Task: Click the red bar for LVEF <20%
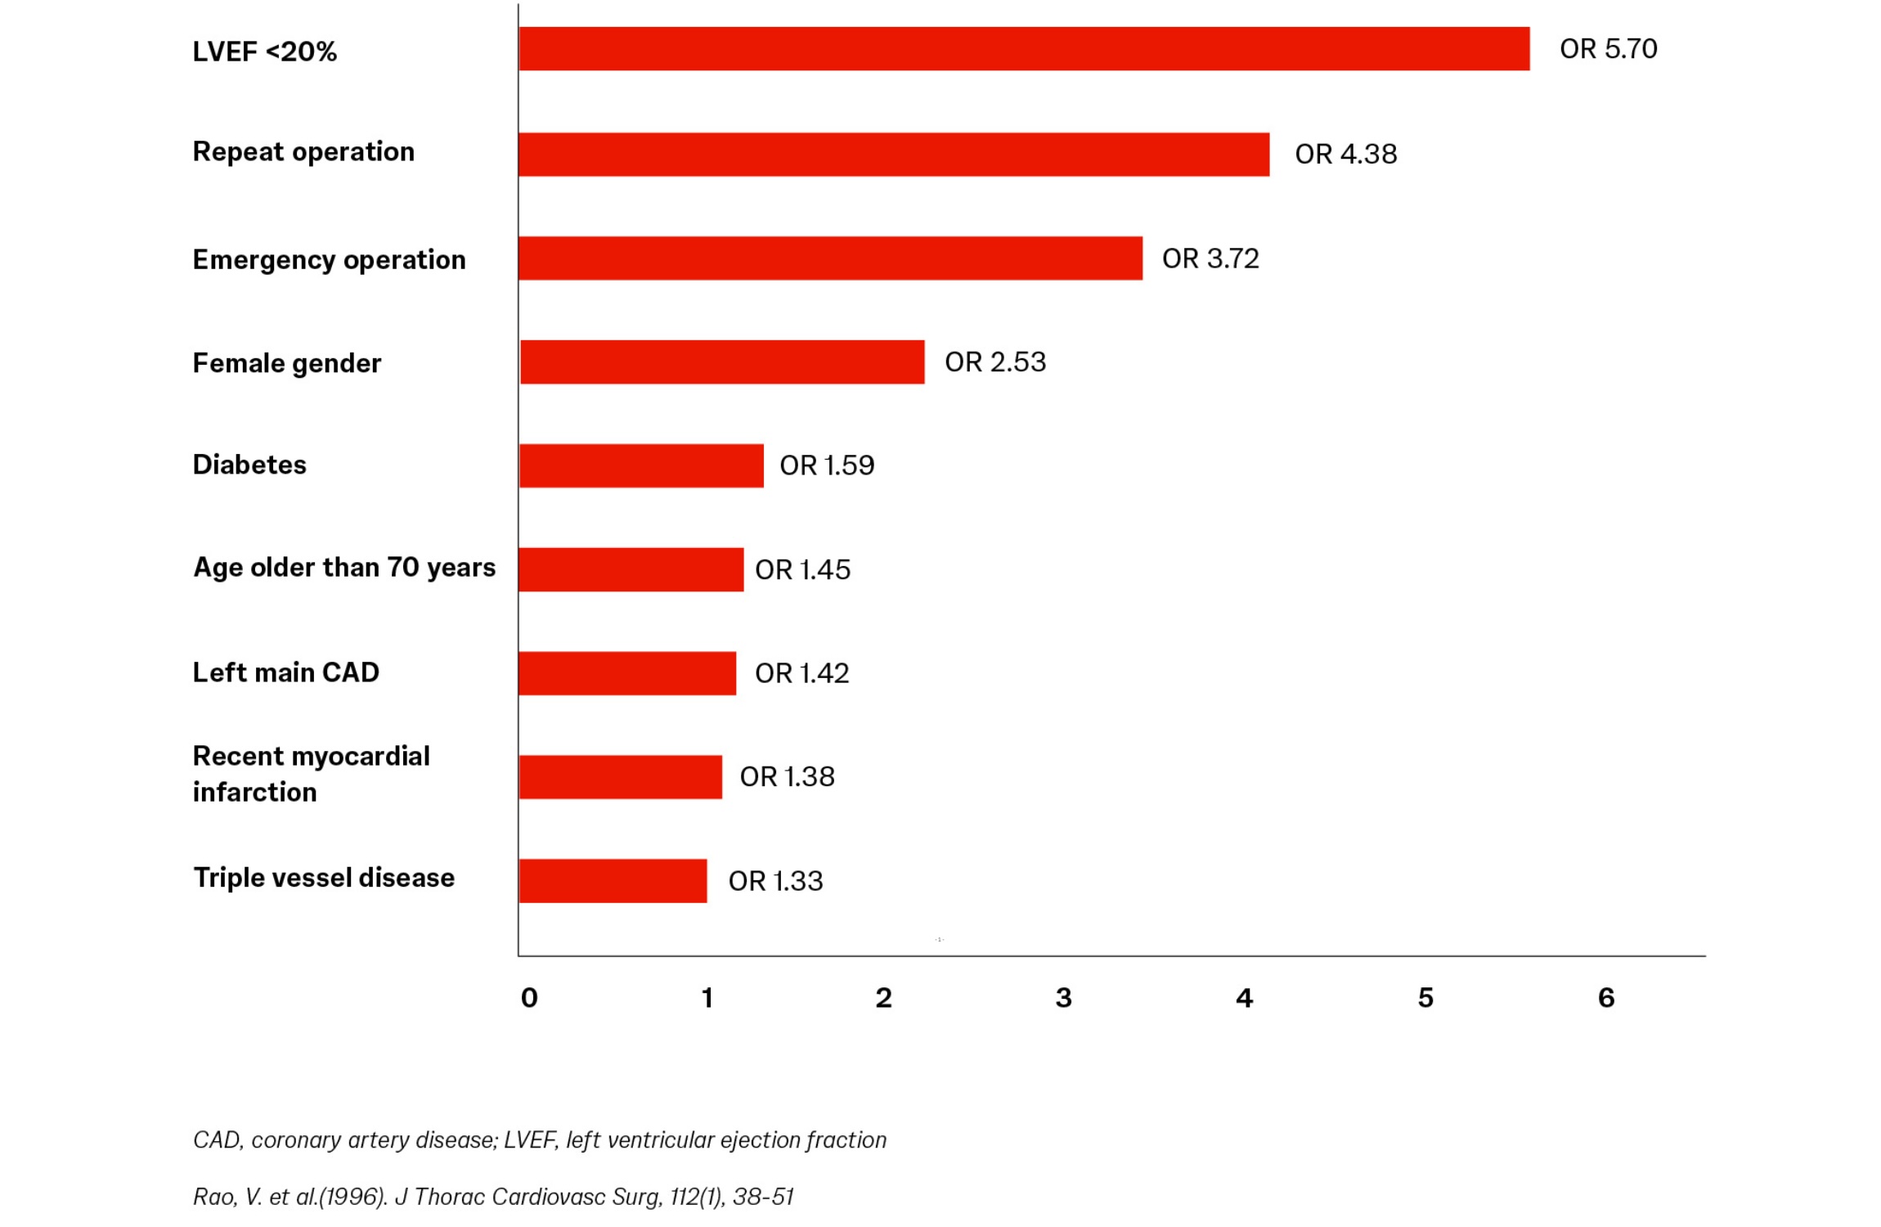tap(1024, 48)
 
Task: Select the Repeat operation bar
tap(894, 154)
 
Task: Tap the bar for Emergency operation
tap(830, 258)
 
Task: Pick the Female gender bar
tap(722, 362)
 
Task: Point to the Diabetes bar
tap(641, 465)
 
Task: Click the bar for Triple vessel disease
tap(613, 881)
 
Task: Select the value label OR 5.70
tap(1609, 49)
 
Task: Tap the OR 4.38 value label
tap(1346, 154)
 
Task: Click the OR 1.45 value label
tap(802, 569)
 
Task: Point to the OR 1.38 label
tap(787, 777)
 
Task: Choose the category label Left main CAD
tap(286, 672)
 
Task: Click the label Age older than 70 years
tap(344, 568)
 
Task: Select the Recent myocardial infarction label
tap(311, 774)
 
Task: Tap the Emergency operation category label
tap(329, 260)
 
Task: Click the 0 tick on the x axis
tap(529, 998)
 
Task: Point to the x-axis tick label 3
tap(1063, 998)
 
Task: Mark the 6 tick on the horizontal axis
tap(1606, 998)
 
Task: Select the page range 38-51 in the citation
tap(763, 1198)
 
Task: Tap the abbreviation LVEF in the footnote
tap(529, 1140)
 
